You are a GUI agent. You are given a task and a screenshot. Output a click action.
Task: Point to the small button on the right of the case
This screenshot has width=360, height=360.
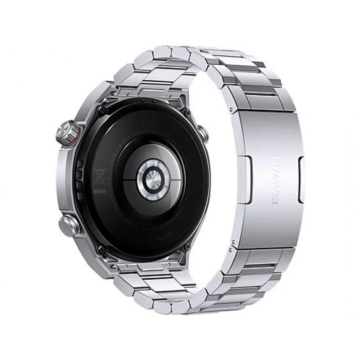pyautogui.click(x=204, y=134)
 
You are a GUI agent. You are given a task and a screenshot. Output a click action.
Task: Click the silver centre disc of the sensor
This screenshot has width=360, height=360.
pyautogui.click(x=153, y=176)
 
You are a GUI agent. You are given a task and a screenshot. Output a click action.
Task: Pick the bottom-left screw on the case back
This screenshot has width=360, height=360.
pyautogui.click(x=102, y=248)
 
